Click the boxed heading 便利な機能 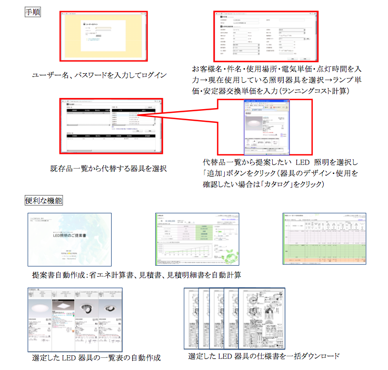(x=44, y=200)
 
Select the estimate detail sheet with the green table (x=324, y=238)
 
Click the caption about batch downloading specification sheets (x=264, y=356)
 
